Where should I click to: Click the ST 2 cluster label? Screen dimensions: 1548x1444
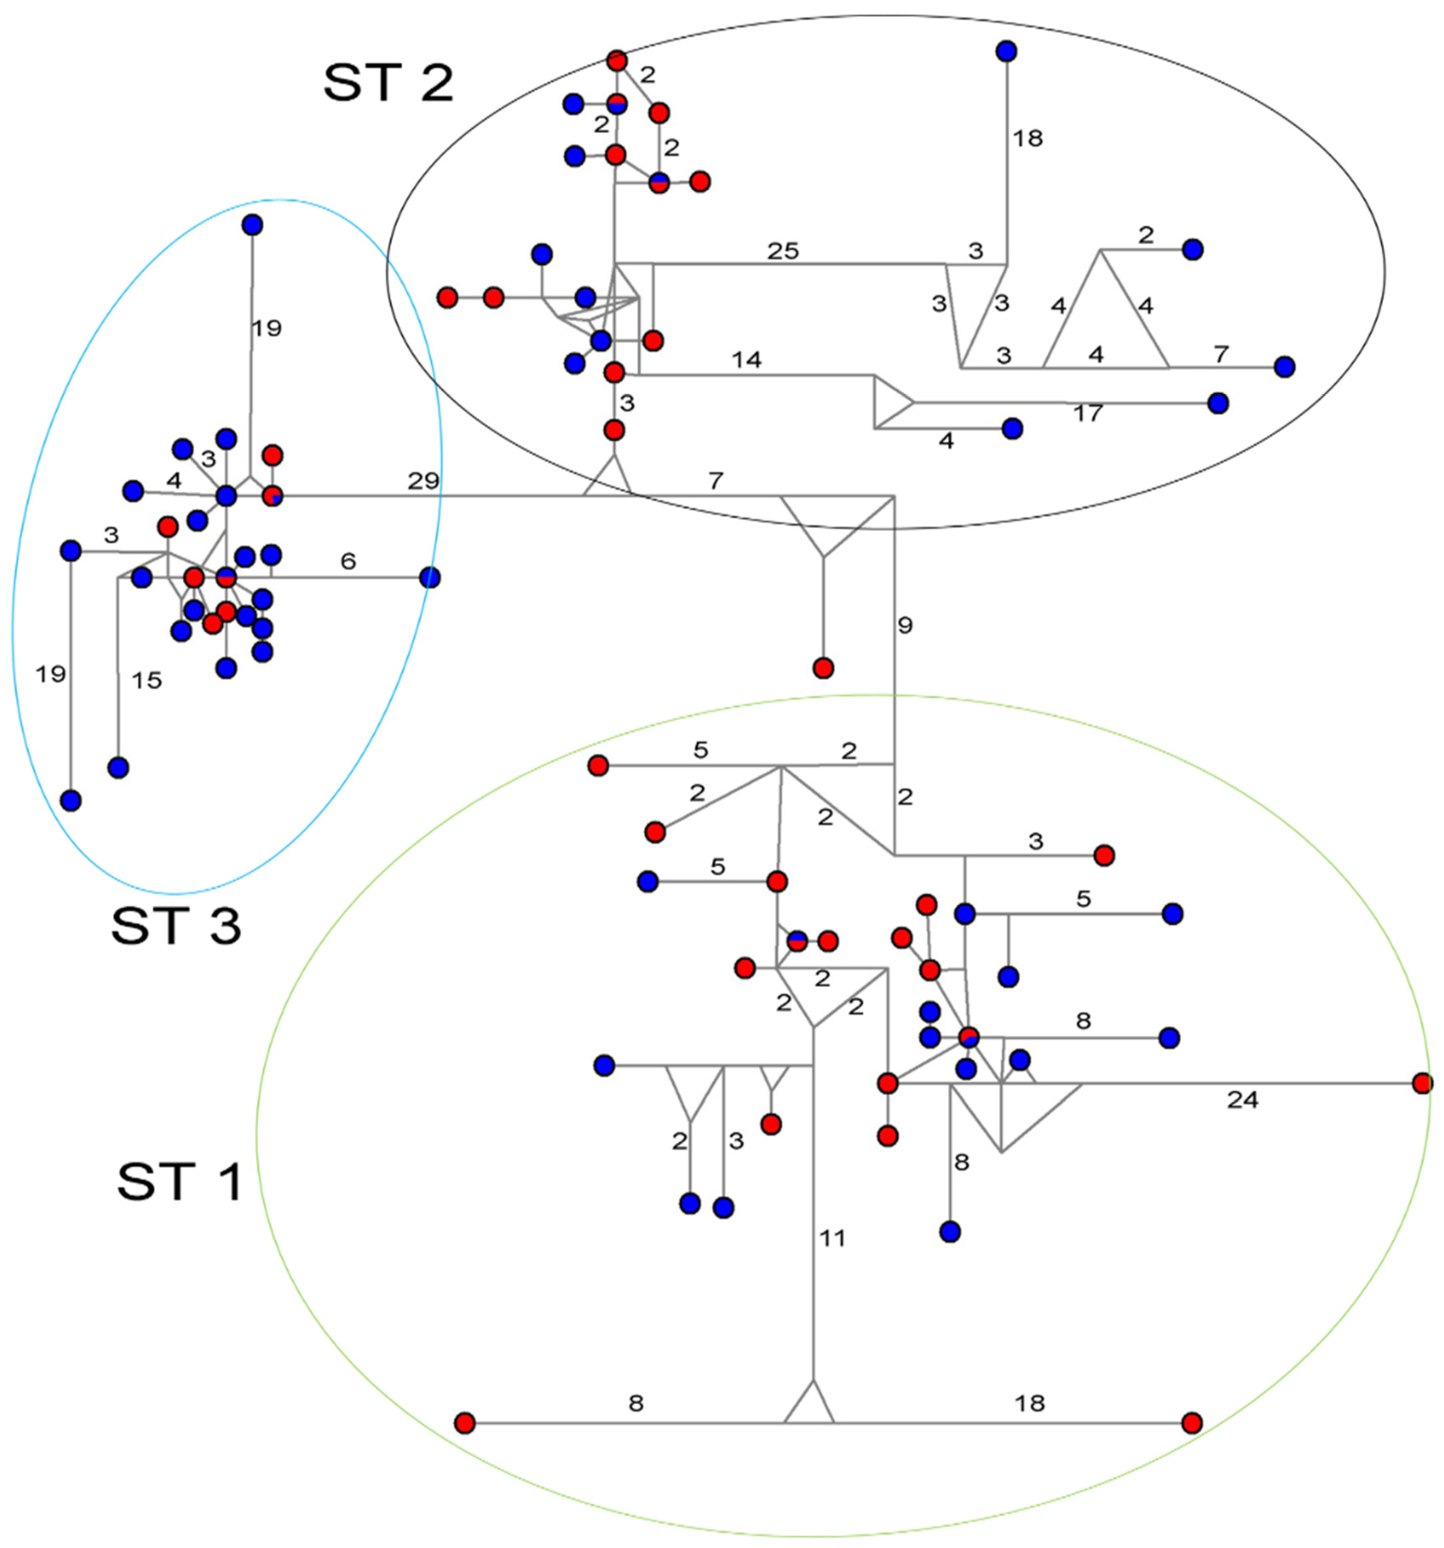[388, 83]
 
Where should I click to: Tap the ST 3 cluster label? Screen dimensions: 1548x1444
[176, 927]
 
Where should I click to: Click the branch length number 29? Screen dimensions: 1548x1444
[424, 481]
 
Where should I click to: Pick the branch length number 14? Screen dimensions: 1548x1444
[746, 360]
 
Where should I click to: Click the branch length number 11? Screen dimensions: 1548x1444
[832, 1238]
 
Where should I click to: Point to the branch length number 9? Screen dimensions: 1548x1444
[904, 625]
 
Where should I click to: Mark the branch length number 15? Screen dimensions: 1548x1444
[146, 681]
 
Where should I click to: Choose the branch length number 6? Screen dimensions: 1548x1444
[348, 561]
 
